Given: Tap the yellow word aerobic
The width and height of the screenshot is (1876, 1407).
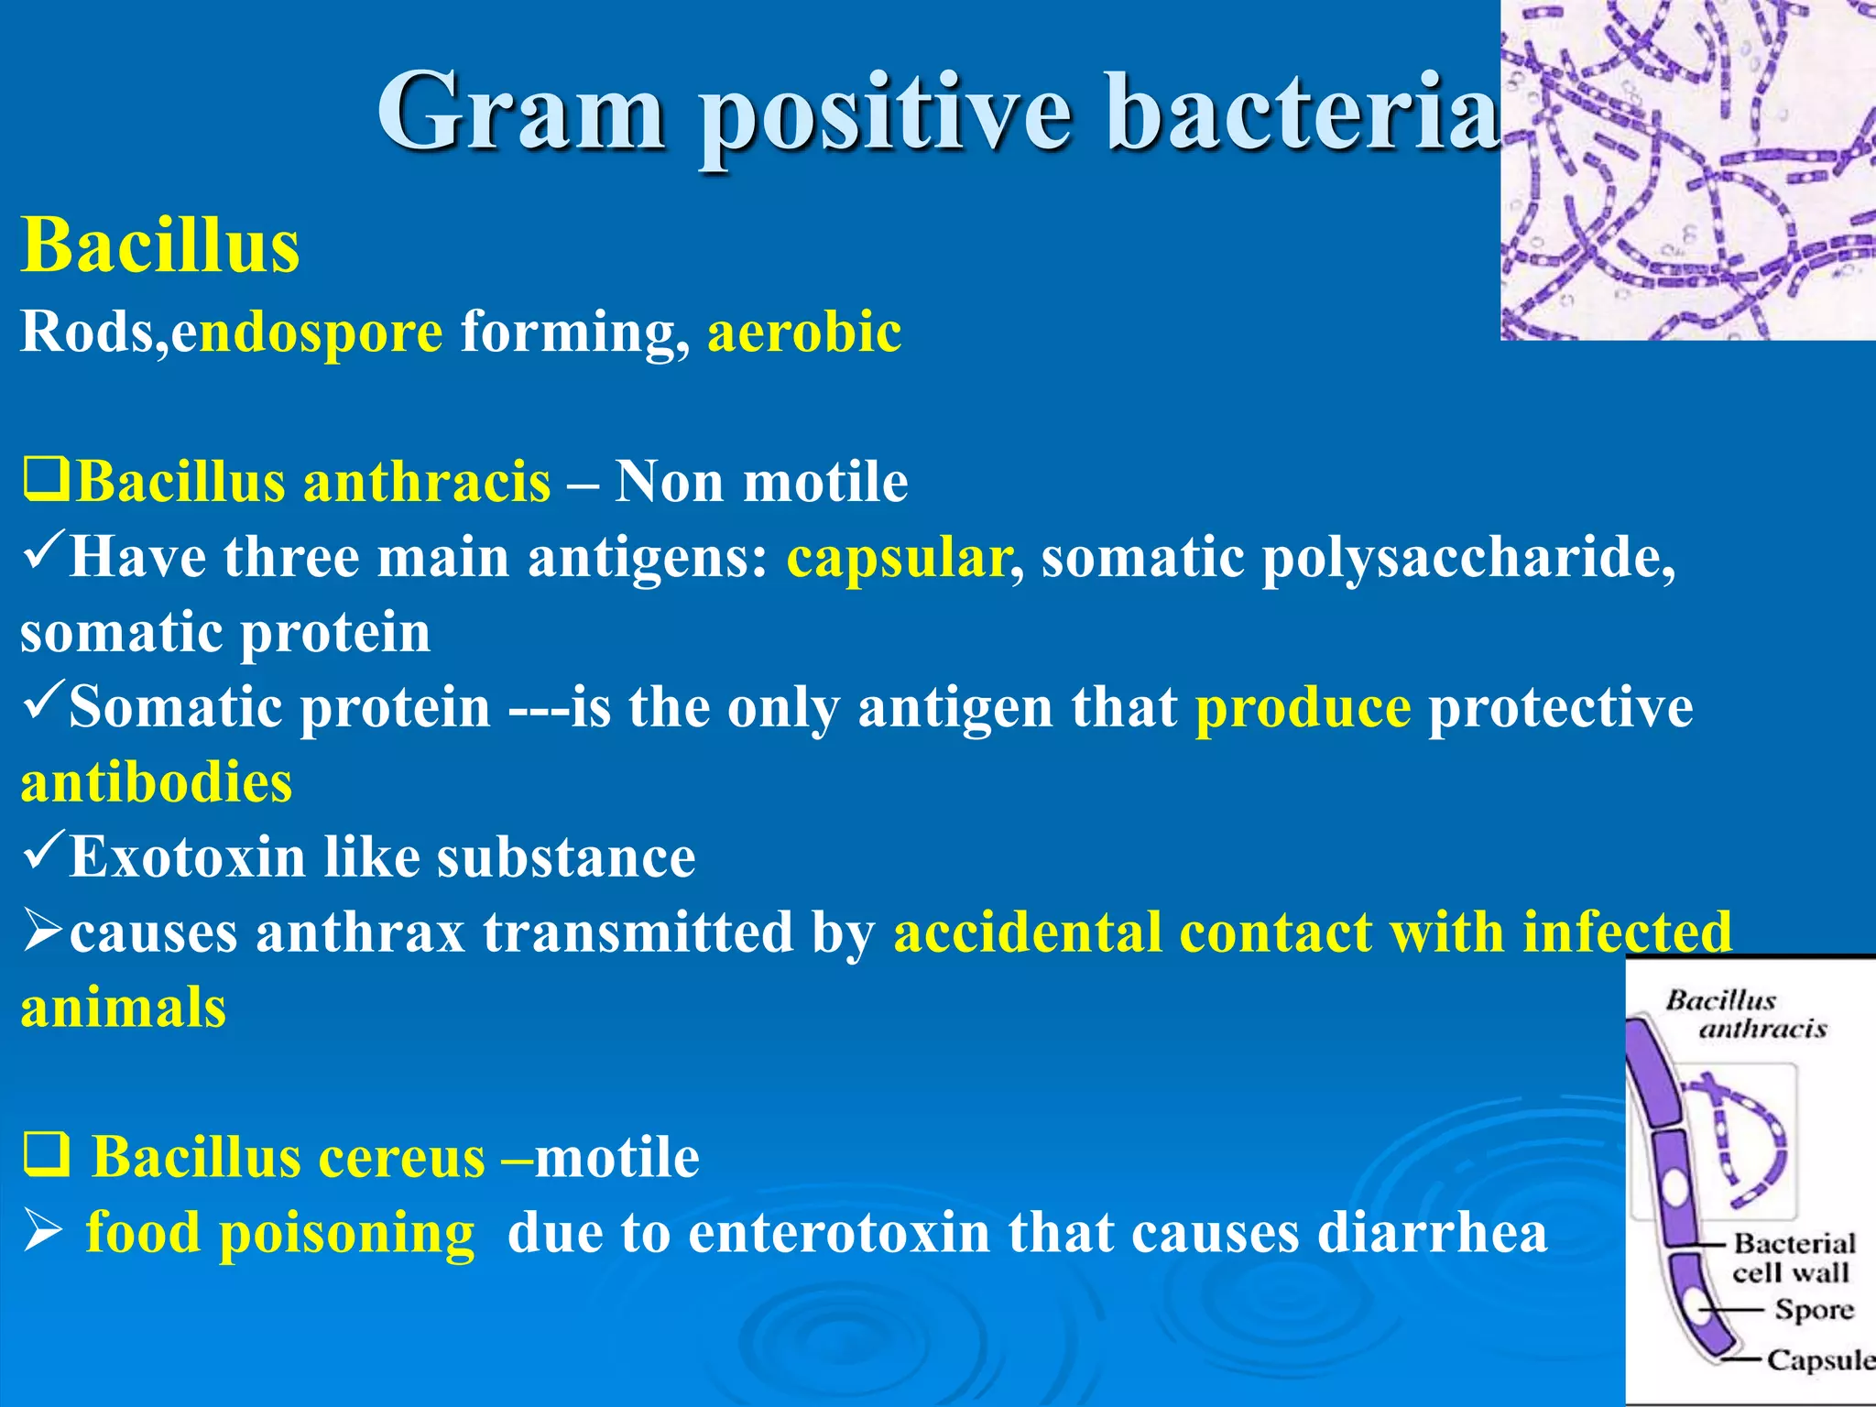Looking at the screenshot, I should pyautogui.click(x=804, y=331).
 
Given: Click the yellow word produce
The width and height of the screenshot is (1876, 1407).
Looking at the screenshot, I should pyautogui.click(x=1303, y=707).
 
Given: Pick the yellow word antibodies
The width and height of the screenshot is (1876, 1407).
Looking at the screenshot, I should pyautogui.click(x=157, y=782).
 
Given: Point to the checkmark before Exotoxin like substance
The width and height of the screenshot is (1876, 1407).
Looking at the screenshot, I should pyautogui.click(x=42, y=851).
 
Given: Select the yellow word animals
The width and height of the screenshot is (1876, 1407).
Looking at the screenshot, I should pyautogui.click(x=124, y=1008).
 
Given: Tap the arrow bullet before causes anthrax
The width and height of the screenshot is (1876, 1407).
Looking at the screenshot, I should pyautogui.click(x=42, y=930).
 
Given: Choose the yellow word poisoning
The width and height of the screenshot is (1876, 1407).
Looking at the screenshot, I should pyautogui.click(x=347, y=1233).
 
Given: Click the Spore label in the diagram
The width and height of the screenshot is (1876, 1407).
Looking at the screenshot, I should pyautogui.click(x=1814, y=1309).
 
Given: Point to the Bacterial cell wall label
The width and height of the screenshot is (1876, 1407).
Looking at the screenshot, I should pyautogui.click(x=1793, y=1257).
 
